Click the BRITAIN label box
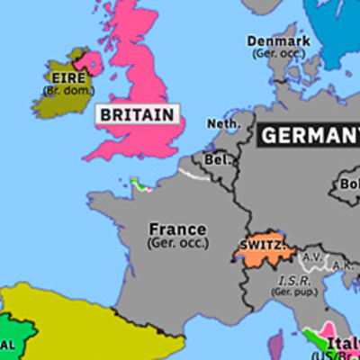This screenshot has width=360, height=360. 136,115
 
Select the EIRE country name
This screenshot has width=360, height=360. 63,76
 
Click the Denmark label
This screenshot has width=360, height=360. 279,41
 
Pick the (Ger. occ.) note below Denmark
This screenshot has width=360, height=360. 279,53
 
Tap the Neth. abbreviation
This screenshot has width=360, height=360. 223,124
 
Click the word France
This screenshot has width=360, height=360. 177,229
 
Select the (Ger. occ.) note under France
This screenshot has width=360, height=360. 178,243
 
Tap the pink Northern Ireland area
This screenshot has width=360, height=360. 91,61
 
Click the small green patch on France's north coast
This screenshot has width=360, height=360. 139,184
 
